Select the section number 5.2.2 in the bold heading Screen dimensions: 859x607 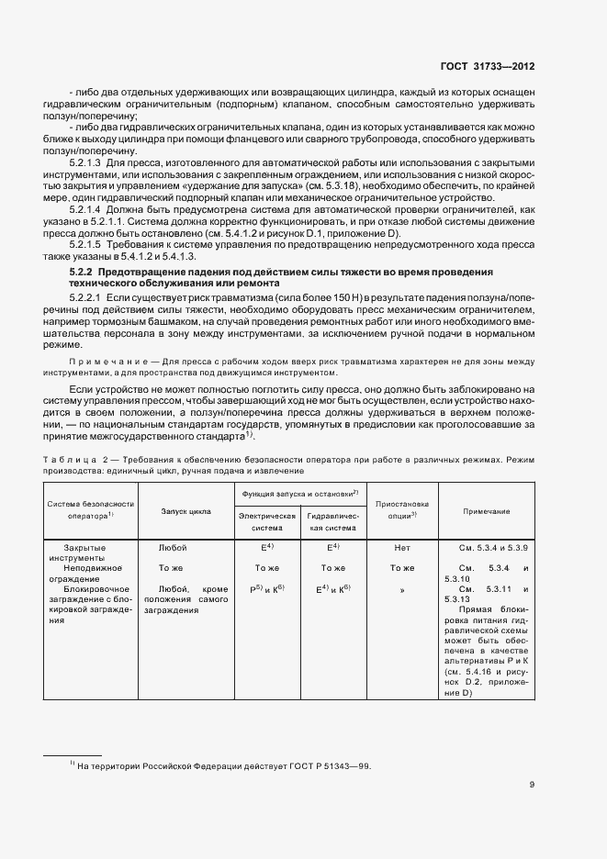tap(82, 273)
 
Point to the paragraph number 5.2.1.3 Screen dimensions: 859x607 tap(88, 161)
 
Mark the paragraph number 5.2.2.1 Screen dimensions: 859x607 tap(88, 299)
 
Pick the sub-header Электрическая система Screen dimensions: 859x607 tap(267, 522)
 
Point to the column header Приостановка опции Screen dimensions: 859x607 tap(402, 510)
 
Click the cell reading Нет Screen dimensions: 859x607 tap(402, 548)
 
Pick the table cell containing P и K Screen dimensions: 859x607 tap(267, 588)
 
